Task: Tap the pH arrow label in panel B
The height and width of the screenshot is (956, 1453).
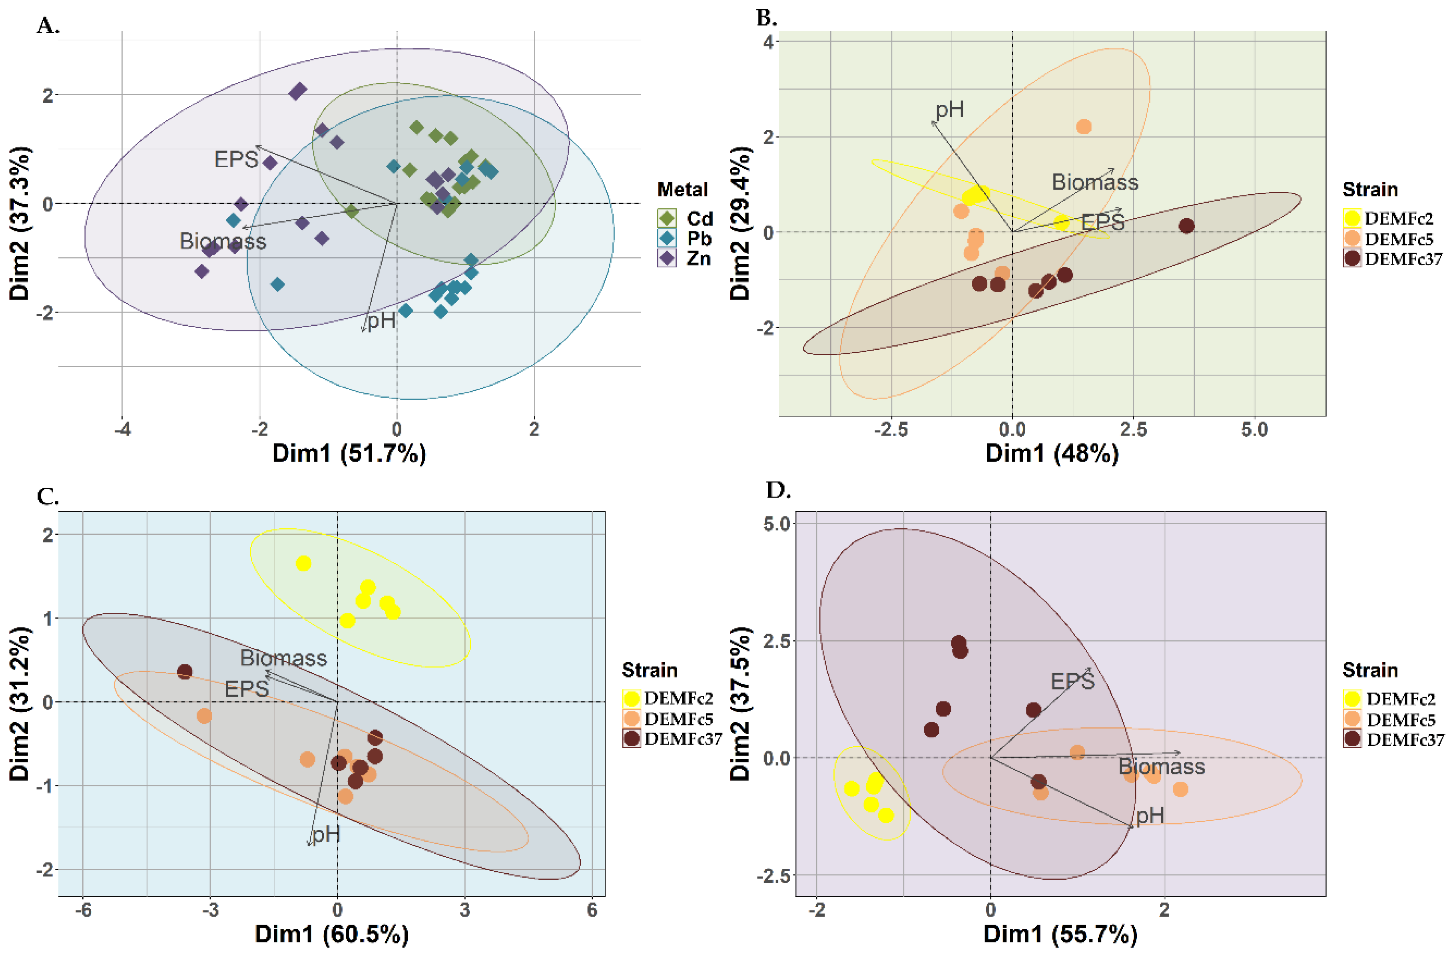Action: [950, 110]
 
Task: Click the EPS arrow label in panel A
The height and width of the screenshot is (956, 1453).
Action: [236, 159]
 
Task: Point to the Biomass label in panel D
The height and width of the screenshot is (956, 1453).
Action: [1161, 767]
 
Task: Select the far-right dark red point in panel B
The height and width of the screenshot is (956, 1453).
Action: [1186, 226]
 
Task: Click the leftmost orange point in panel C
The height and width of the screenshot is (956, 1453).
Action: [205, 715]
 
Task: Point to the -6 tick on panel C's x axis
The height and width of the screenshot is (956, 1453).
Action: [83, 910]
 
